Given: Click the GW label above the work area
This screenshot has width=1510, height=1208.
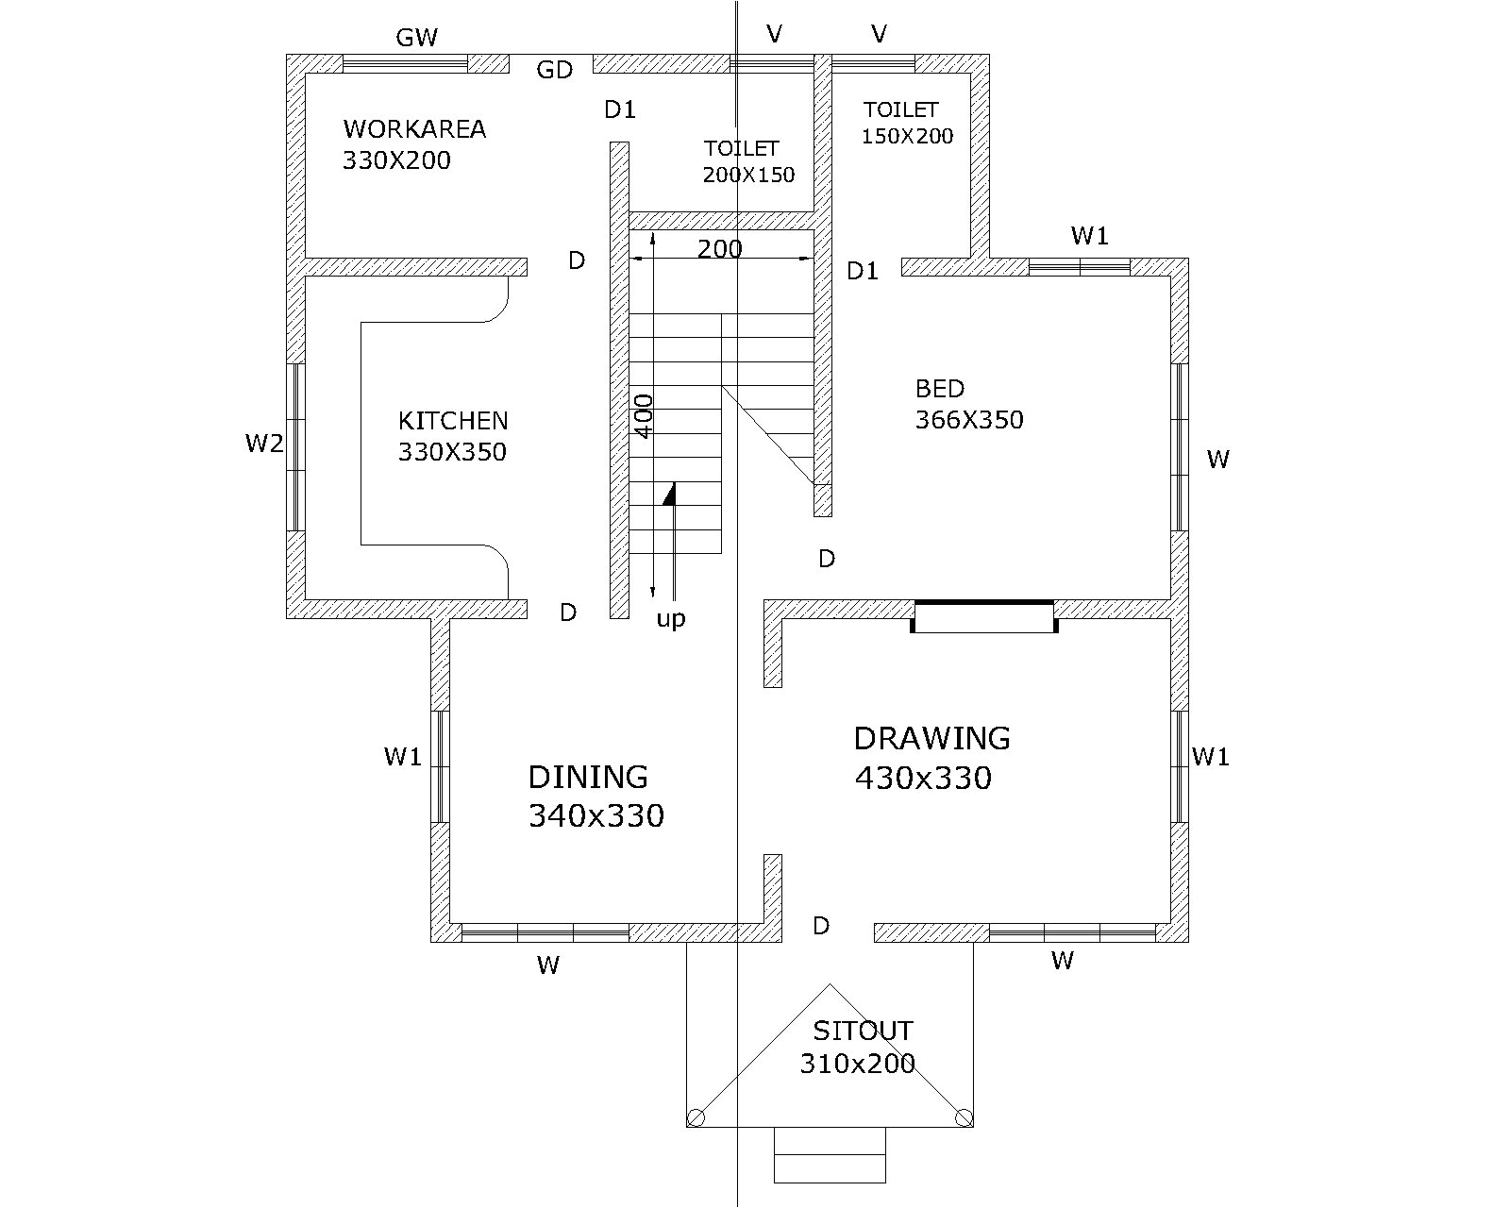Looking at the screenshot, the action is (x=417, y=37).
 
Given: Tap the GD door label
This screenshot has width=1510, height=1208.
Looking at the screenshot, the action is (x=554, y=70).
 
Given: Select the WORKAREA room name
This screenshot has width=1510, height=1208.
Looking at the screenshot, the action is (x=414, y=129).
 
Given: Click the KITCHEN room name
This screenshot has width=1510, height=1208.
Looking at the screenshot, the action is (x=453, y=421).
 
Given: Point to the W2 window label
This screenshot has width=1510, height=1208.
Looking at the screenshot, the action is (x=264, y=444).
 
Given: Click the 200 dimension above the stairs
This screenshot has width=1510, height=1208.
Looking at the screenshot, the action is (x=720, y=249).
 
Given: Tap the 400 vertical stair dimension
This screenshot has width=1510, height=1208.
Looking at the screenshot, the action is (x=644, y=416).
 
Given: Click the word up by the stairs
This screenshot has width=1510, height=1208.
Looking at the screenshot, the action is (x=671, y=619).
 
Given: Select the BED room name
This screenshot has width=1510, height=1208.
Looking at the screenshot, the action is (x=940, y=388).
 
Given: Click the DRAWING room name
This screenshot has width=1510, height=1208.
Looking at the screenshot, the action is (x=931, y=738).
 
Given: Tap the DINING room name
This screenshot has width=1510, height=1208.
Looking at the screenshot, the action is (x=588, y=777).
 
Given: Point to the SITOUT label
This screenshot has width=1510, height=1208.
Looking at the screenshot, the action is (x=863, y=1032).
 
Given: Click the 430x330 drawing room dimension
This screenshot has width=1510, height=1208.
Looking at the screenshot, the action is (x=923, y=778).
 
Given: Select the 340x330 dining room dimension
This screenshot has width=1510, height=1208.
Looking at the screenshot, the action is (x=596, y=815).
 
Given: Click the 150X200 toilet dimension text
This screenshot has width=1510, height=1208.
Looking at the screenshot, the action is (x=907, y=136).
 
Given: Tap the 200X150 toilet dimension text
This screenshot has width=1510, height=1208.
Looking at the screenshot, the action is (x=748, y=175).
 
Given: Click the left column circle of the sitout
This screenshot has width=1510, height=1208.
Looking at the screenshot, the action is (x=696, y=1117).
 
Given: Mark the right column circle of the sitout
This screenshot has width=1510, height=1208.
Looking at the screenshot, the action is (x=965, y=1116).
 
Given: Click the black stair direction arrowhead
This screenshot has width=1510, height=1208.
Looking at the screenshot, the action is (x=669, y=494).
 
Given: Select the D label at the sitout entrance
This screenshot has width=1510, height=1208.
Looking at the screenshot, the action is (x=821, y=926).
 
